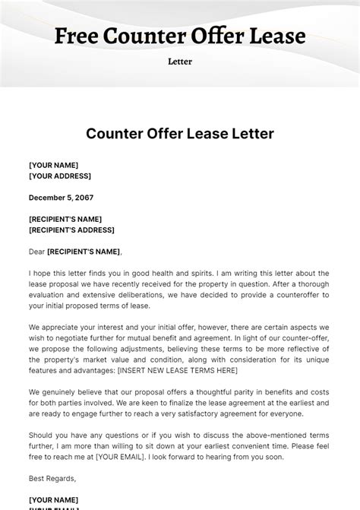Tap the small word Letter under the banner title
pyautogui.click(x=180, y=62)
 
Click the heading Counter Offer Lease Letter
pyautogui.click(x=180, y=134)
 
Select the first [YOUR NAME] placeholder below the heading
pyautogui.click(x=53, y=165)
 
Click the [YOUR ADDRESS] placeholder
pyautogui.click(x=60, y=176)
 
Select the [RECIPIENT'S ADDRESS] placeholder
pyautogui.click(x=71, y=230)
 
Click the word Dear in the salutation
pyautogui.click(x=36, y=252)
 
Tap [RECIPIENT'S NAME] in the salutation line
pyautogui.click(x=84, y=252)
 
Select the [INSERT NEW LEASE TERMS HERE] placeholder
pyautogui.click(x=178, y=370)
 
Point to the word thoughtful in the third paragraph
pyautogui.click(x=226, y=392)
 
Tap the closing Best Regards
pyautogui.click(x=52, y=478)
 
